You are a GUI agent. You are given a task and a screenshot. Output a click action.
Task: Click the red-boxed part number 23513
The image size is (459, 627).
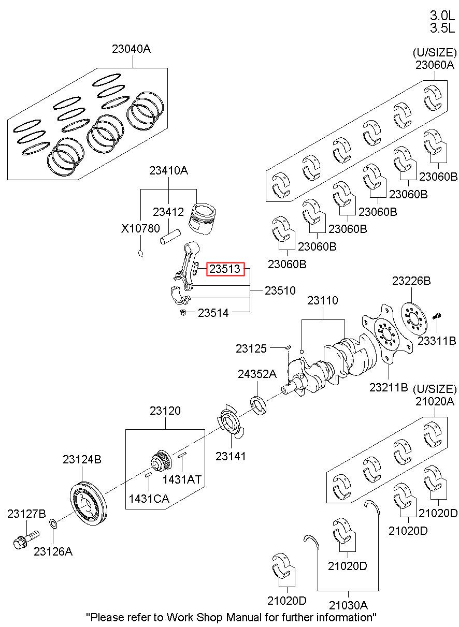[x=225, y=269]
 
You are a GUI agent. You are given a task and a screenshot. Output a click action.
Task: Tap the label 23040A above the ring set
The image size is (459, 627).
[x=131, y=50]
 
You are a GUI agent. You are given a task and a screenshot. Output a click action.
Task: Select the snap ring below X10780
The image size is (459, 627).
[x=140, y=253]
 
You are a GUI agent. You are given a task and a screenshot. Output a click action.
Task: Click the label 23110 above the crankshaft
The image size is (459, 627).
[x=322, y=300]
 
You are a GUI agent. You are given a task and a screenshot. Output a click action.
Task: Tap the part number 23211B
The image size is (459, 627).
[x=389, y=387]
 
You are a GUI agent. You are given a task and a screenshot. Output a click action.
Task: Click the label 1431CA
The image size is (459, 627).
[x=149, y=498]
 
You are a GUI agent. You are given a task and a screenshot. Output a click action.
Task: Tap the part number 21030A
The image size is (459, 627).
[x=348, y=605]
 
